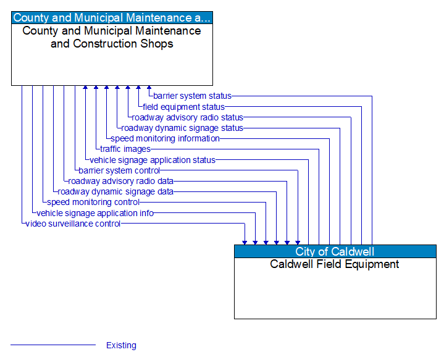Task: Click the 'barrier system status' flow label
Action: point(192,96)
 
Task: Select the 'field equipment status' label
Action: point(183,107)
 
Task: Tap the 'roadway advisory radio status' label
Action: point(187,117)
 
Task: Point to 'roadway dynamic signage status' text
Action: point(182,128)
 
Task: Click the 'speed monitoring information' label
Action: point(165,138)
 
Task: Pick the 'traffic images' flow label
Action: point(125,149)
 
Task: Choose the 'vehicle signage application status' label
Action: point(153,160)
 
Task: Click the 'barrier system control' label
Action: point(119,170)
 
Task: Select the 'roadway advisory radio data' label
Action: point(120,181)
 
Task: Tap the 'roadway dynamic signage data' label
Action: point(115,191)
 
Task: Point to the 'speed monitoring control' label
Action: point(93,202)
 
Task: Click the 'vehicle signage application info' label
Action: point(95,213)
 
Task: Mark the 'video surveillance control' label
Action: point(73,224)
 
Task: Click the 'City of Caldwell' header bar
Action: point(335,251)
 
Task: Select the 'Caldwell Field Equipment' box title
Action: point(335,264)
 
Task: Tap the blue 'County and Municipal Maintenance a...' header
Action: point(112,18)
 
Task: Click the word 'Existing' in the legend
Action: point(121,345)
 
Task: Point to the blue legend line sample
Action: point(53,345)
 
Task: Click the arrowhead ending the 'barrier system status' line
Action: point(148,88)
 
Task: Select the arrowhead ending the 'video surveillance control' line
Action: point(245,242)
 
